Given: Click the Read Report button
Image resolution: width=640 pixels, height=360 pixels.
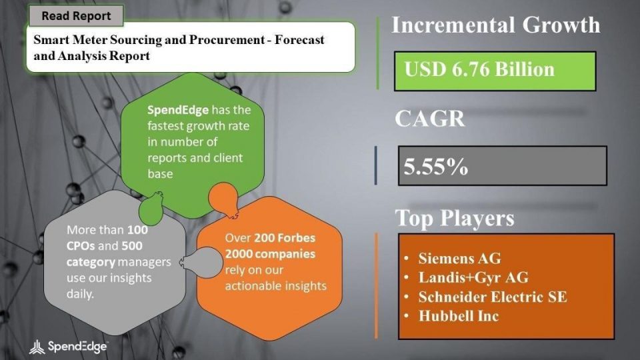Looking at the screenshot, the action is pos(76,16).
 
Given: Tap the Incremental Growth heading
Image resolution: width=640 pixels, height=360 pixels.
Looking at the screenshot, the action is pos(495,25).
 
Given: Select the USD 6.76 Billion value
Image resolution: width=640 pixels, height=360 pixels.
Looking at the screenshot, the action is pos(479,69).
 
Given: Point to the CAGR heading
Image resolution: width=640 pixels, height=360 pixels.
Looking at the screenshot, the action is pos(429,119).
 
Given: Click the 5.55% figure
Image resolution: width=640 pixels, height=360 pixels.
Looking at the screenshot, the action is pos(435,167).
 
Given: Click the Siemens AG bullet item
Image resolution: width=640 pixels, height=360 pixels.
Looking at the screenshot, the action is pos(459,259).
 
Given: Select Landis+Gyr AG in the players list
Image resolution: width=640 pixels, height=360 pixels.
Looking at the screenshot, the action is pos(473,277).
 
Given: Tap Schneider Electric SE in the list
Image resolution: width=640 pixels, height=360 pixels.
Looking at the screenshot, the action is pos(493,297).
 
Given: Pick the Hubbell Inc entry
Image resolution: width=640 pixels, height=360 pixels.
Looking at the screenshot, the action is pos(459,316).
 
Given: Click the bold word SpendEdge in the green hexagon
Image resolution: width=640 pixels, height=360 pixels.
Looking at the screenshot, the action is pos(178,110).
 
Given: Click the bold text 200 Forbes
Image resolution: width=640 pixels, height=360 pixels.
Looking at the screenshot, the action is pos(285,238).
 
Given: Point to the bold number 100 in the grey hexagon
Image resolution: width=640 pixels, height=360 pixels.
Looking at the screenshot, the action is pos(137,230).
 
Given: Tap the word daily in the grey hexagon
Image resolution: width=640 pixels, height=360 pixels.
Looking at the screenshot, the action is pos(80,294).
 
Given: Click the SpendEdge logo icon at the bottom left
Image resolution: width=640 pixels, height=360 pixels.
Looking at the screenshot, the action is pos(37,347).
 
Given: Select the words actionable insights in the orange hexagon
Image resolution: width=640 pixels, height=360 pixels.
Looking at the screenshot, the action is pos(276,286).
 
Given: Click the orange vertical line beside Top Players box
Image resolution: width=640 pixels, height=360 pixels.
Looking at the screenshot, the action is pos(376,286).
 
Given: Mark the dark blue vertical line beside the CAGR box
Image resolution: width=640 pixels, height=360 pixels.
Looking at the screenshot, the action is pos(375,166).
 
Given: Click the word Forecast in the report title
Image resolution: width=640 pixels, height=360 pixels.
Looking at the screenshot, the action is pos(299,39).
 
